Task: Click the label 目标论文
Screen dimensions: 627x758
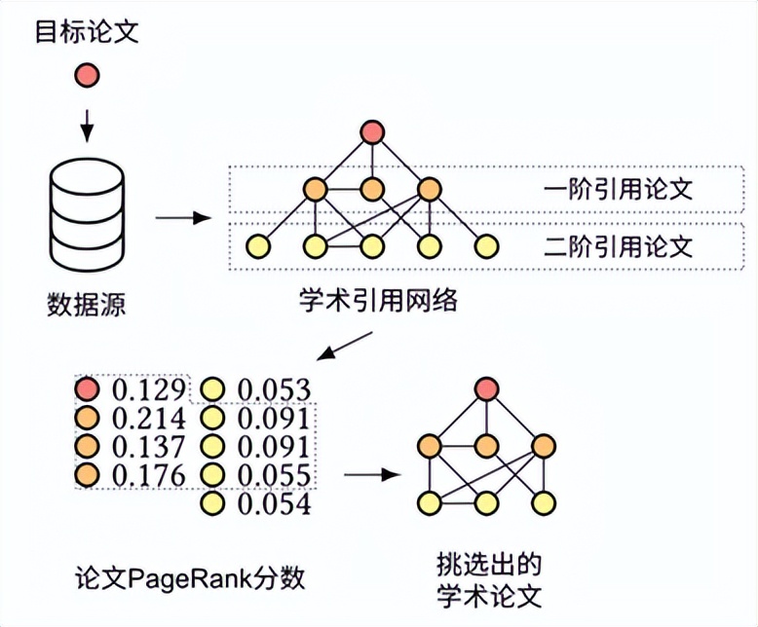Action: point(88,32)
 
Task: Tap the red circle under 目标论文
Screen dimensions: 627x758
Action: point(88,75)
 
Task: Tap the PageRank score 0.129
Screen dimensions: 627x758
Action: point(148,390)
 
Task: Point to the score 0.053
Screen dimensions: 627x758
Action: point(274,390)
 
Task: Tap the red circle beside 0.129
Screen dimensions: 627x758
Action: point(89,390)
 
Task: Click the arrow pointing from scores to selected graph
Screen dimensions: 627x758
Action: point(374,475)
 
